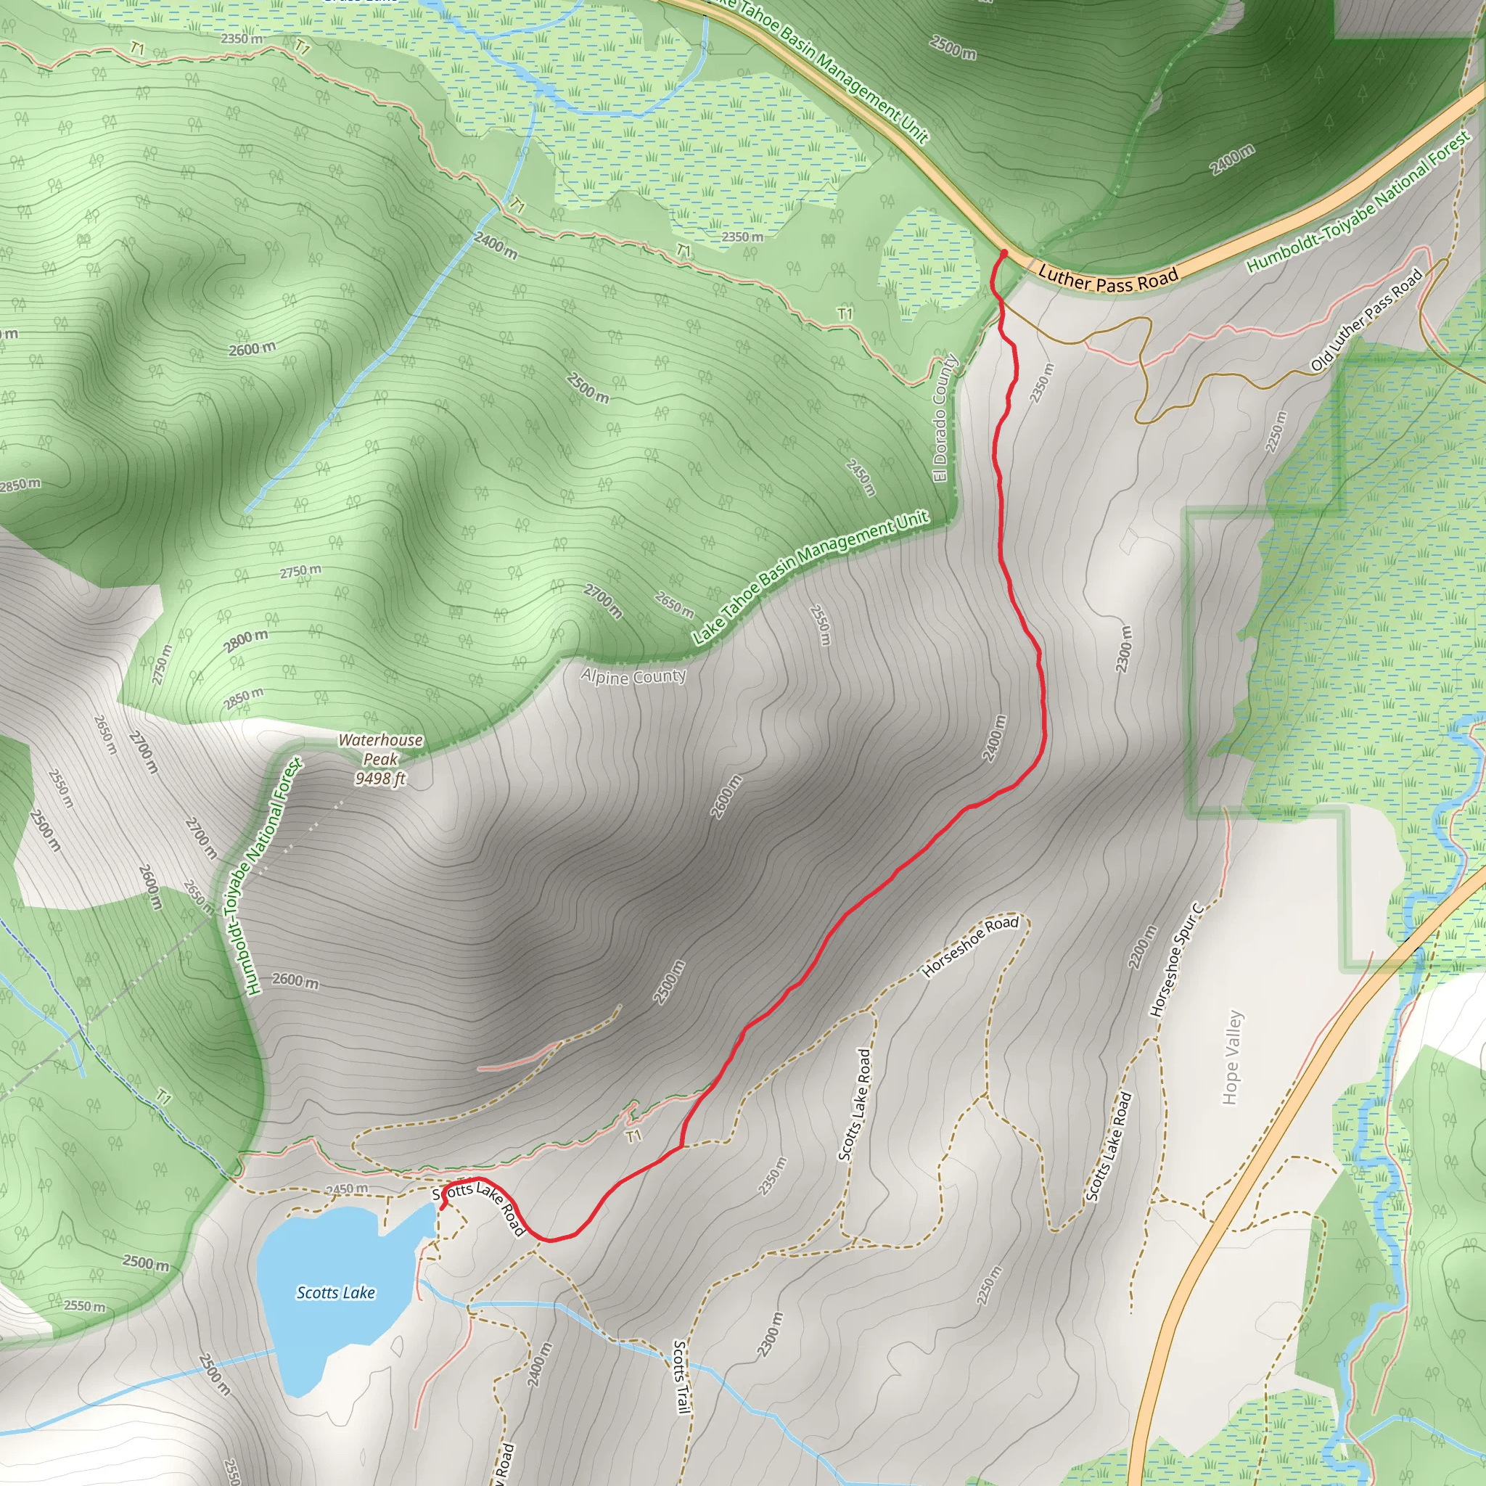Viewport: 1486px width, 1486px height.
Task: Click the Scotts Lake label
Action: point(335,1293)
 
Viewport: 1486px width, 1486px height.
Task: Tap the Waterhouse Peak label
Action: point(381,749)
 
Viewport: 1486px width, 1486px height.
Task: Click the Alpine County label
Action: point(633,677)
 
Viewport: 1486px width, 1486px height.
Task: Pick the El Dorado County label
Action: point(944,419)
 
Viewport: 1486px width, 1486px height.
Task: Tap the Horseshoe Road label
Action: point(971,946)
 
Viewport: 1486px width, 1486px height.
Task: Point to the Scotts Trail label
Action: point(681,1376)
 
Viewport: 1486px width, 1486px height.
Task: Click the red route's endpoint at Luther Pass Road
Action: point(1003,253)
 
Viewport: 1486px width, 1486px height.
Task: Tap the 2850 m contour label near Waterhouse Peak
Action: point(243,699)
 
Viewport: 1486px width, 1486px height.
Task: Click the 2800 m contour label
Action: point(246,640)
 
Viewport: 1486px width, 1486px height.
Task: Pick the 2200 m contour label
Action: point(1142,947)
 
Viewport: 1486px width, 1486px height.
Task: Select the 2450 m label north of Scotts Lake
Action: point(346,1189)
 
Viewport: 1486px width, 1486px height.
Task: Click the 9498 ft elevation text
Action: point(380,779)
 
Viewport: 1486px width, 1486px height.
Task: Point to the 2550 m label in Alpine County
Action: point(821,625)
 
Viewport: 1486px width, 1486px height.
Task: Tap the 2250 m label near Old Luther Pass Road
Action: point(1276,432)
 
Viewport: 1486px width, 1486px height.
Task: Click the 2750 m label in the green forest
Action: point(300,572)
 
